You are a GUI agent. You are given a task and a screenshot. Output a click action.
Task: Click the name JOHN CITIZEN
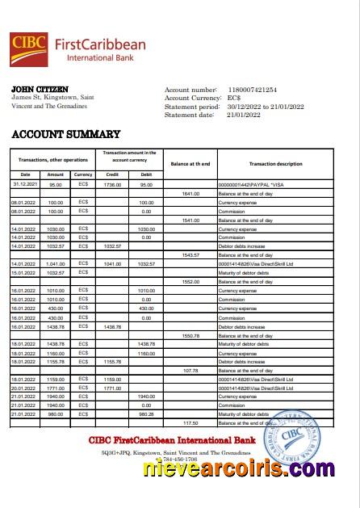(x=40, y=89)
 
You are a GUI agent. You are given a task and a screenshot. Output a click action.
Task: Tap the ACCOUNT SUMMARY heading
(x=66, y=135)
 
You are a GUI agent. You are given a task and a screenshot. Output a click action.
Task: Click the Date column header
(x=25, y=174)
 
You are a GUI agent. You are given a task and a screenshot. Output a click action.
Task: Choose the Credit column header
(x=112, y=174)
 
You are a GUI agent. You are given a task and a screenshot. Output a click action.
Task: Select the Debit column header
(x=146, y=174)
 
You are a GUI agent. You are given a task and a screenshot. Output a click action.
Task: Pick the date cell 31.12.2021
(x=26, y=185)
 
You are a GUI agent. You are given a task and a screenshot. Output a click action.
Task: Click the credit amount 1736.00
(x=112, y=185)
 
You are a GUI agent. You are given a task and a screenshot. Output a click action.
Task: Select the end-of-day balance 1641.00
(x=190, y=194)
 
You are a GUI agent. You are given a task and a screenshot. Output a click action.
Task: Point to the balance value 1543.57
(x=190, y=255)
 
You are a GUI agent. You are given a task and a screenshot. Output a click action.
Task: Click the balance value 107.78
(x=190, y=370)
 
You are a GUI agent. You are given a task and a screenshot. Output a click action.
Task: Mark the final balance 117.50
(x=190, y=422)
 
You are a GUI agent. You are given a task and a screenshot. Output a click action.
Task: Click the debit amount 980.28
(x=146, y=414)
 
